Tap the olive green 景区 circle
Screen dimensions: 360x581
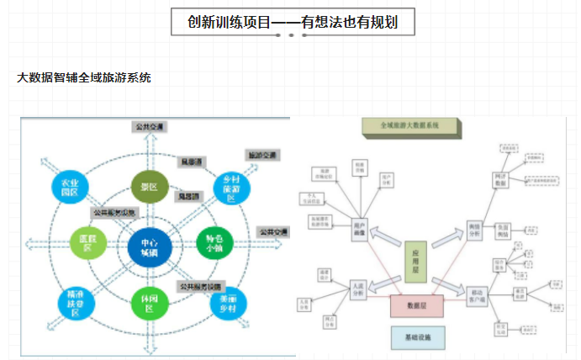coord(150,187)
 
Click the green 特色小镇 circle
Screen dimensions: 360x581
coord(211,244)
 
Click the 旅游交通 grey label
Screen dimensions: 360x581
coord(260,155)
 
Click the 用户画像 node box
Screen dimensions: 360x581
coord(362,229)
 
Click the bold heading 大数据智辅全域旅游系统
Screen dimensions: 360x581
coord(84,77)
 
